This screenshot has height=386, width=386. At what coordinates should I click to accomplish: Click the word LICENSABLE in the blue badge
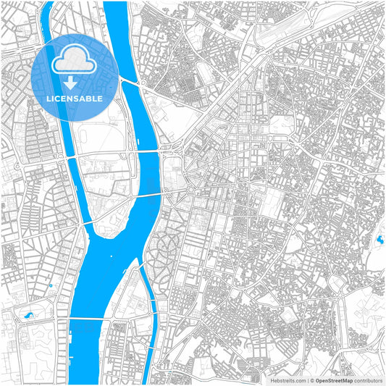coord(75,98)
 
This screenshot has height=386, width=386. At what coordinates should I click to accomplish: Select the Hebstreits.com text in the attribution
coord(288,379)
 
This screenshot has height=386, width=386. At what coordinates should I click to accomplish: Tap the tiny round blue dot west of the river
coord(51,285)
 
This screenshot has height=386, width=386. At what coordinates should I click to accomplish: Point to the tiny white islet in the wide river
coord(111,255)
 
